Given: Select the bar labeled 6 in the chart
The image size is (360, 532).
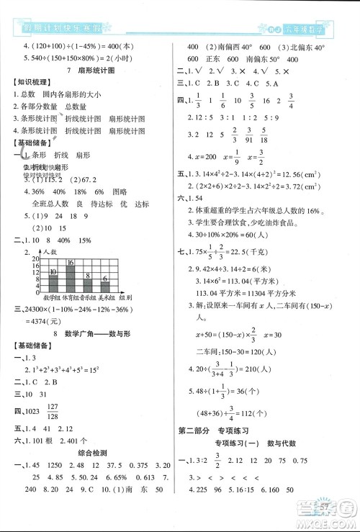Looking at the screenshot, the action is click(x=105, y=284).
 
